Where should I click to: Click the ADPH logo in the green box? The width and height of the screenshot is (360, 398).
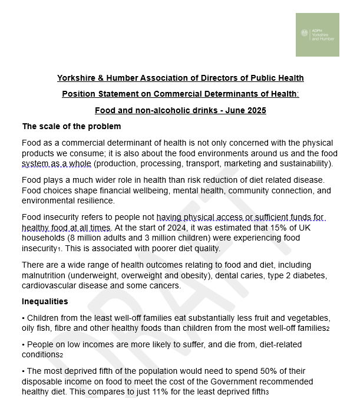click(x=317, y=35)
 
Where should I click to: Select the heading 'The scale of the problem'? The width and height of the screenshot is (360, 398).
click(x=71, y=126)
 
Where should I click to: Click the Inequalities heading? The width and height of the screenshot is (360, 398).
click(x=45, y=301)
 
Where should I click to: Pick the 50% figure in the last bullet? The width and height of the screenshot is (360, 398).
click(x=256, y=371)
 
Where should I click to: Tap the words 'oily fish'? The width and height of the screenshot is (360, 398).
click(x=38, y=327)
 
